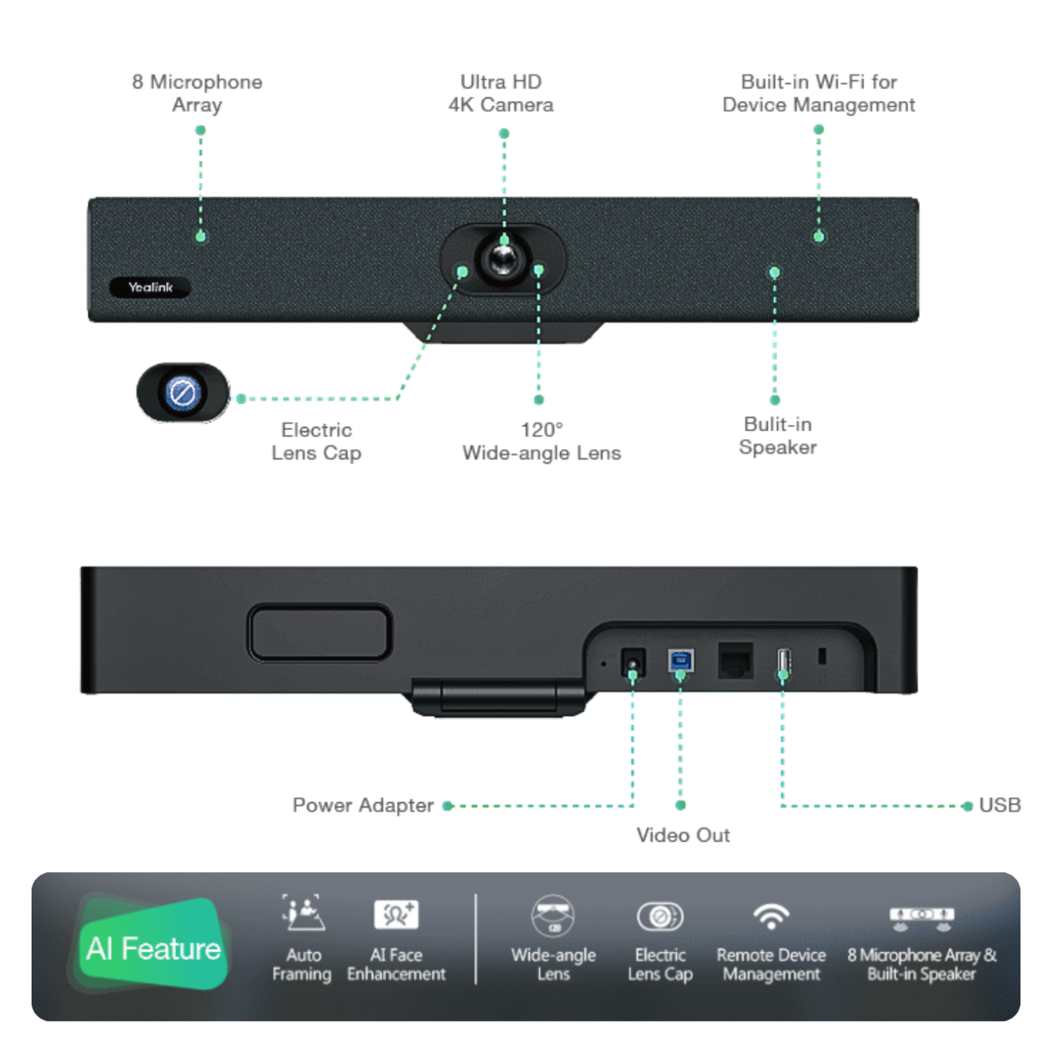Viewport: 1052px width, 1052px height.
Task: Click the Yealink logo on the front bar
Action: [x=150, y=288]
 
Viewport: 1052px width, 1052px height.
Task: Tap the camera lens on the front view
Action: [x=502, y=259]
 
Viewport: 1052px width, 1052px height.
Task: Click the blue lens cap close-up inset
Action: [x=182, y=392]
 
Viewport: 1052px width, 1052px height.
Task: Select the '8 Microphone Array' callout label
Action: [x=197, y=93]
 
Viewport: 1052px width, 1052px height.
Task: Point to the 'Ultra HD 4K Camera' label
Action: [x=501, y=93]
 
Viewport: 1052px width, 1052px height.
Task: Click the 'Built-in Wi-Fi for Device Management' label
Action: [x=818, y=93]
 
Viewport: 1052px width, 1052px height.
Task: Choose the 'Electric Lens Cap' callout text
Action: [x=316, y=441]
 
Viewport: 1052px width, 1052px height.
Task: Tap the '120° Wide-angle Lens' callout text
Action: [x=541, y=441]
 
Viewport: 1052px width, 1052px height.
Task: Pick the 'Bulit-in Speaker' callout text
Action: [x=778, y=436]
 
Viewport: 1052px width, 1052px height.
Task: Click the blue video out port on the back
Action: [x=681, y=660]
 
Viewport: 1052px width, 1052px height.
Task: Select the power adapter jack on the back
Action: [x=632, y=661]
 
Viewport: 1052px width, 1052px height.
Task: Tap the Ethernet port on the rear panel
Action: [x=735, y=660]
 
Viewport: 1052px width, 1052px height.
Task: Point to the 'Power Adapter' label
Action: [x=363, y=805]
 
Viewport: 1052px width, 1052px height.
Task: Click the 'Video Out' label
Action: [x=683, y=835]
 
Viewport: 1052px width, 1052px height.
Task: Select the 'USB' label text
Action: [x=999, y=805]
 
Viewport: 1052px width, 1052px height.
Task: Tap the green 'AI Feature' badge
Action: [x=153, y=948]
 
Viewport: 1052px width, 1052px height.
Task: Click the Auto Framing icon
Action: [x=302, y=913]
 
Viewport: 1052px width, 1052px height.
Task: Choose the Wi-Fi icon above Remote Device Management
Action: [x=771, y=915]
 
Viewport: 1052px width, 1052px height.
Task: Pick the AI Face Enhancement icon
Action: [x=395, y=913]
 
